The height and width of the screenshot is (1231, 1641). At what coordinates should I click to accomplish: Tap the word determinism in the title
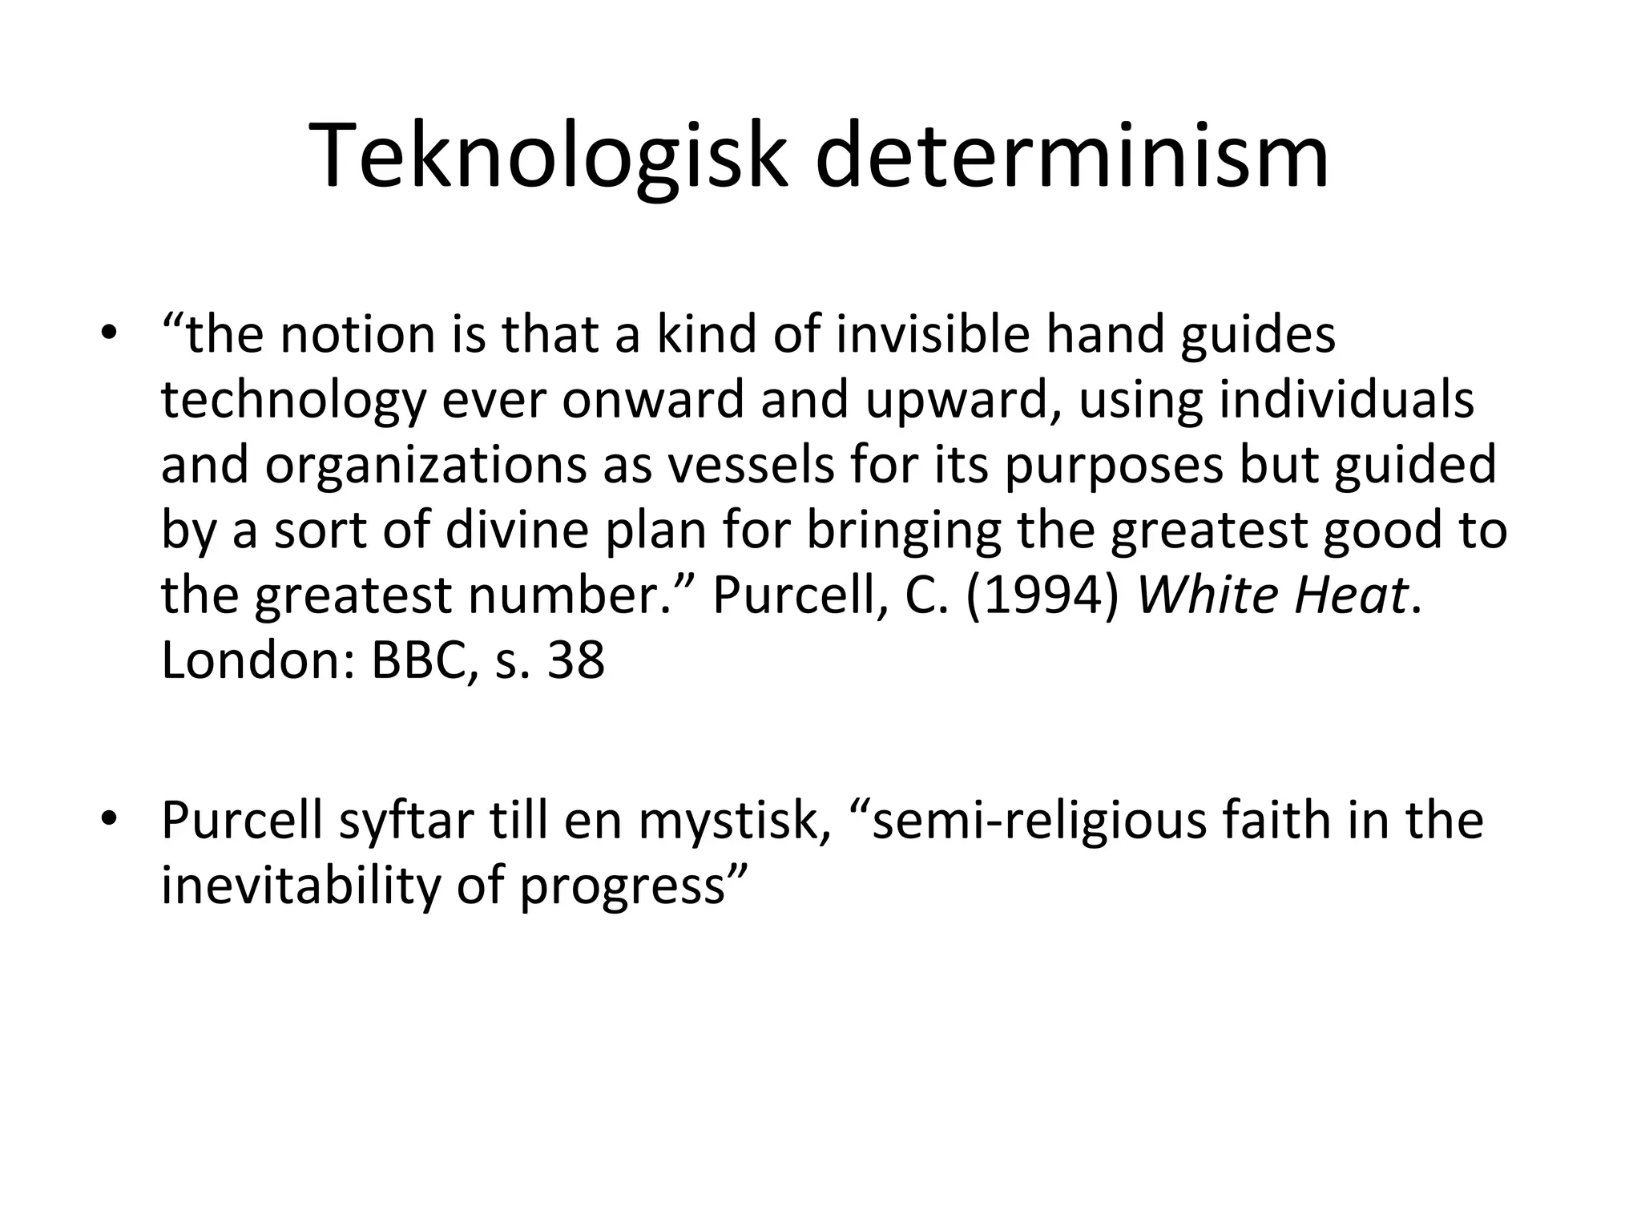tap(1072, 156)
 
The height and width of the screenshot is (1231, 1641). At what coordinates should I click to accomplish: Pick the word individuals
tap(1346, 400)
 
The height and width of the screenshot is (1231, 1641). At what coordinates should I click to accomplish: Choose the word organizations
tap(425, 465)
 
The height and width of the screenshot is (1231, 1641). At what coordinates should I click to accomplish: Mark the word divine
tap(517, 530)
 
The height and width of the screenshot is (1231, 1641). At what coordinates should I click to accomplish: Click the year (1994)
tap(1043, 595)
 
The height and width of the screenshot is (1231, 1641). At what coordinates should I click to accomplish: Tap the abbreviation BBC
tap(417, 660)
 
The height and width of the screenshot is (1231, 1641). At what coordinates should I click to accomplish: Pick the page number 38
tap(575, 660)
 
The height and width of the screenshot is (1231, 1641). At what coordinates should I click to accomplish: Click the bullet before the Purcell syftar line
tap(110, 821)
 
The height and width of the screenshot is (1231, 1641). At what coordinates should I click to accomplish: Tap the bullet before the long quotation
tap(110, 334)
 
